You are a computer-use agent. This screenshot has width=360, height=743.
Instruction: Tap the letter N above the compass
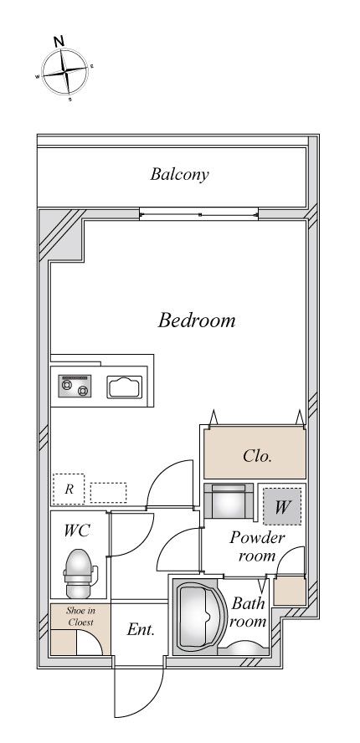coord(59,41)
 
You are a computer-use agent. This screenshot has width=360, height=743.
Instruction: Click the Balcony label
coord(179,174)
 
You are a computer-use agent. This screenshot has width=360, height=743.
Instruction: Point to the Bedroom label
coord(197,320)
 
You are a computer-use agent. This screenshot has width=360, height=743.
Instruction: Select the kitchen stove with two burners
coord(75,386)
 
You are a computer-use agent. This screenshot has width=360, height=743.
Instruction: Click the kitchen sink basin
coord(125,387)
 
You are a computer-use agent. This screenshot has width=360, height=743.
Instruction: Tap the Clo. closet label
coord(257,456)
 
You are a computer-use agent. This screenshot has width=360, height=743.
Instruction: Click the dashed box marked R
coord(69,489)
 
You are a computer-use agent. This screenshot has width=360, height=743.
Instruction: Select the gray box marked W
coord(282,506)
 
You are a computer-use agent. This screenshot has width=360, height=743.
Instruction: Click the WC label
coord(77,530)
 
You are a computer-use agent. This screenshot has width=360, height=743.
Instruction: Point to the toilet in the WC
coord(79,573)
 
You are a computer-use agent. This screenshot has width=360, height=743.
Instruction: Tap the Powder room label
coord(257,546)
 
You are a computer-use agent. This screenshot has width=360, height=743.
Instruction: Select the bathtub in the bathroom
coord(196,616)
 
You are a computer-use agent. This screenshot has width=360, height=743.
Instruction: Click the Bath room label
coord(248,612)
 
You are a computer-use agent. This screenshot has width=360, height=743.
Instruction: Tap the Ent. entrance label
coord(141,629)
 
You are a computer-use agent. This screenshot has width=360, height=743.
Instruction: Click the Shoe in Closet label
coord(80,617)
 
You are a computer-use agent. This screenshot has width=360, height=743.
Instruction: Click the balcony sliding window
coord(199,214)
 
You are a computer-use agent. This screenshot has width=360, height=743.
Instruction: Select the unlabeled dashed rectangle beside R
coord(108,493)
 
